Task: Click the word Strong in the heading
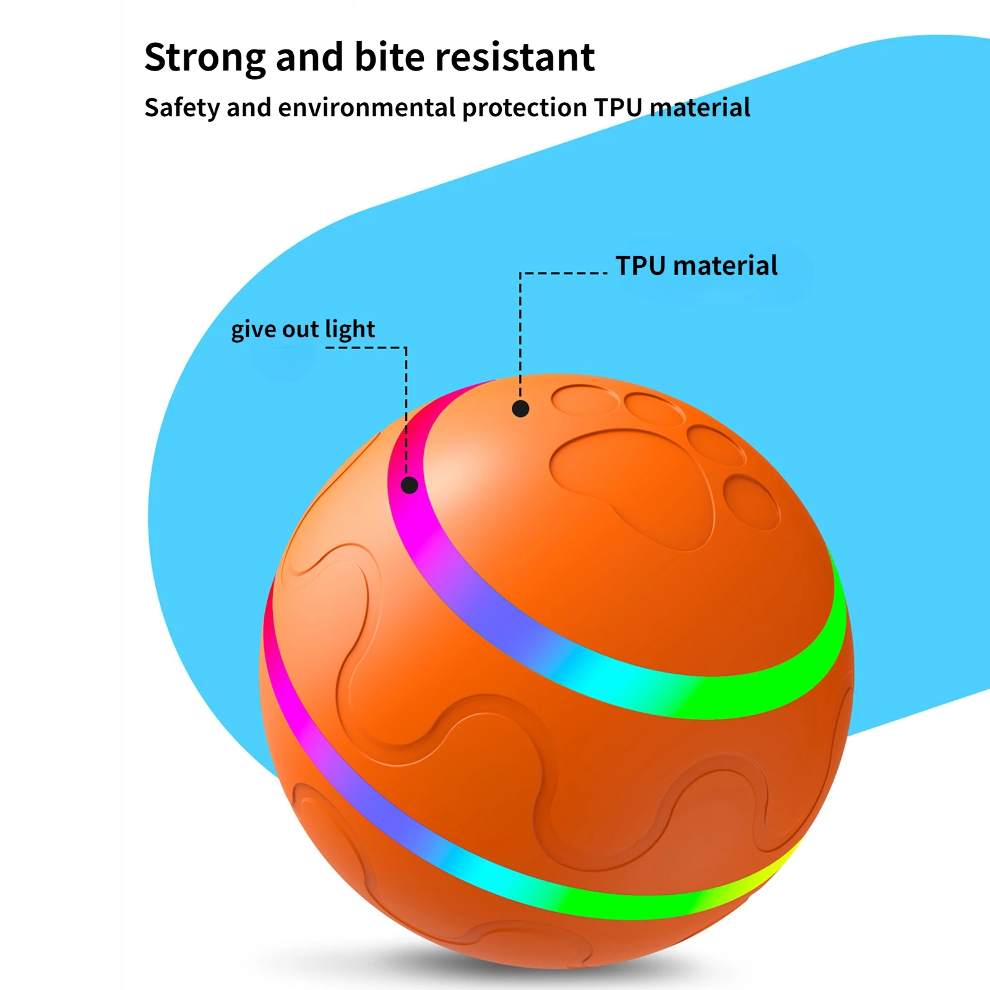tap(205, 58)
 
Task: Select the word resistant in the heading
tap(515, 58)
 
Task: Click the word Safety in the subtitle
tap(182, 108)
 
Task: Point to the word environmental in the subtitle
tap(366, 108)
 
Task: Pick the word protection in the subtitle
tap(524, 108)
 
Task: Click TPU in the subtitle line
tap(618, 108)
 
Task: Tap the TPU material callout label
tap(696, 266)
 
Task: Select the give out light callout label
tap(303, 329)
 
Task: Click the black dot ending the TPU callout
tap(520, 408)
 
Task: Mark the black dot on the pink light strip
tap(409, 485)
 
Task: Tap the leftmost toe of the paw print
tap(583, 400)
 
